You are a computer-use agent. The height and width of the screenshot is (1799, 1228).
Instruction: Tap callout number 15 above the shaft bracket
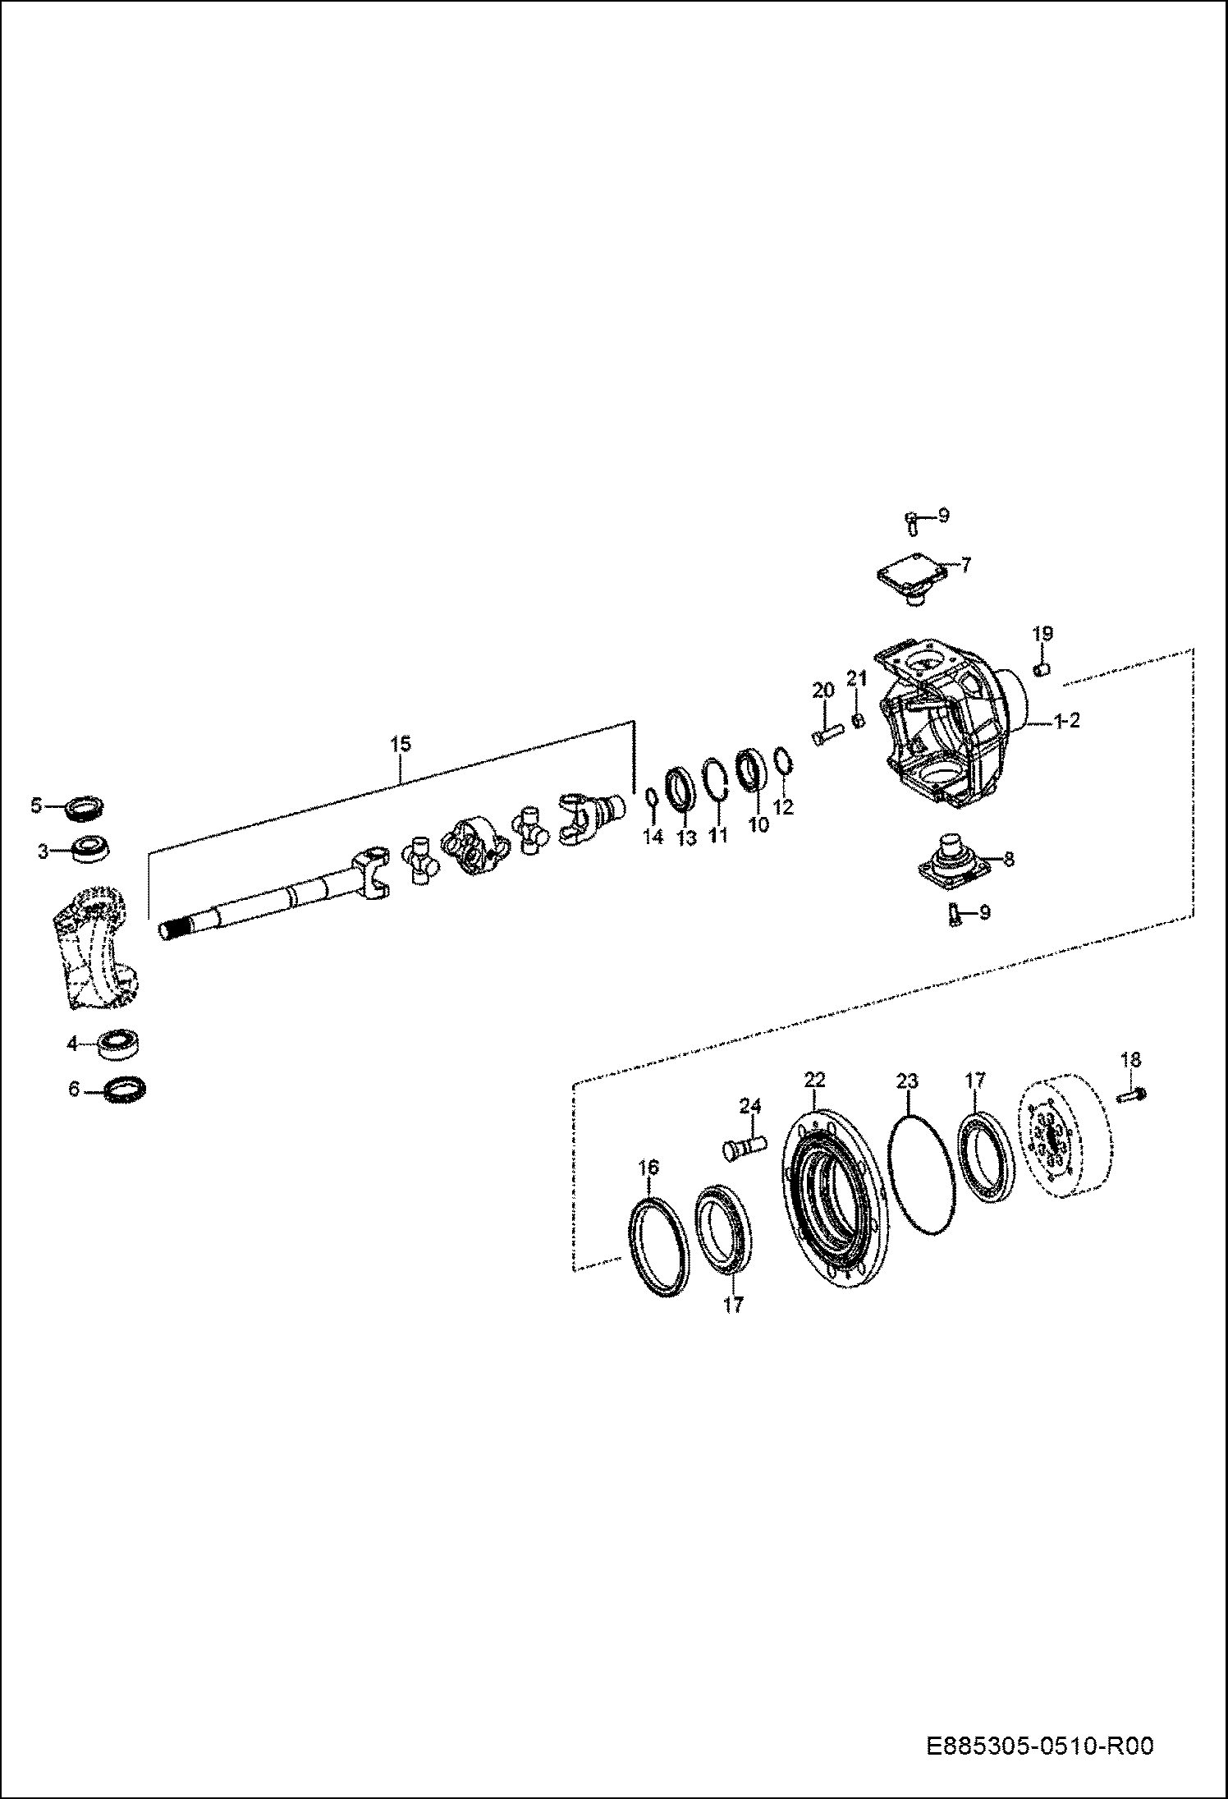[400, 744]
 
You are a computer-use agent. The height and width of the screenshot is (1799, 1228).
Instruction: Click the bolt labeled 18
[1134, 1093]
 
